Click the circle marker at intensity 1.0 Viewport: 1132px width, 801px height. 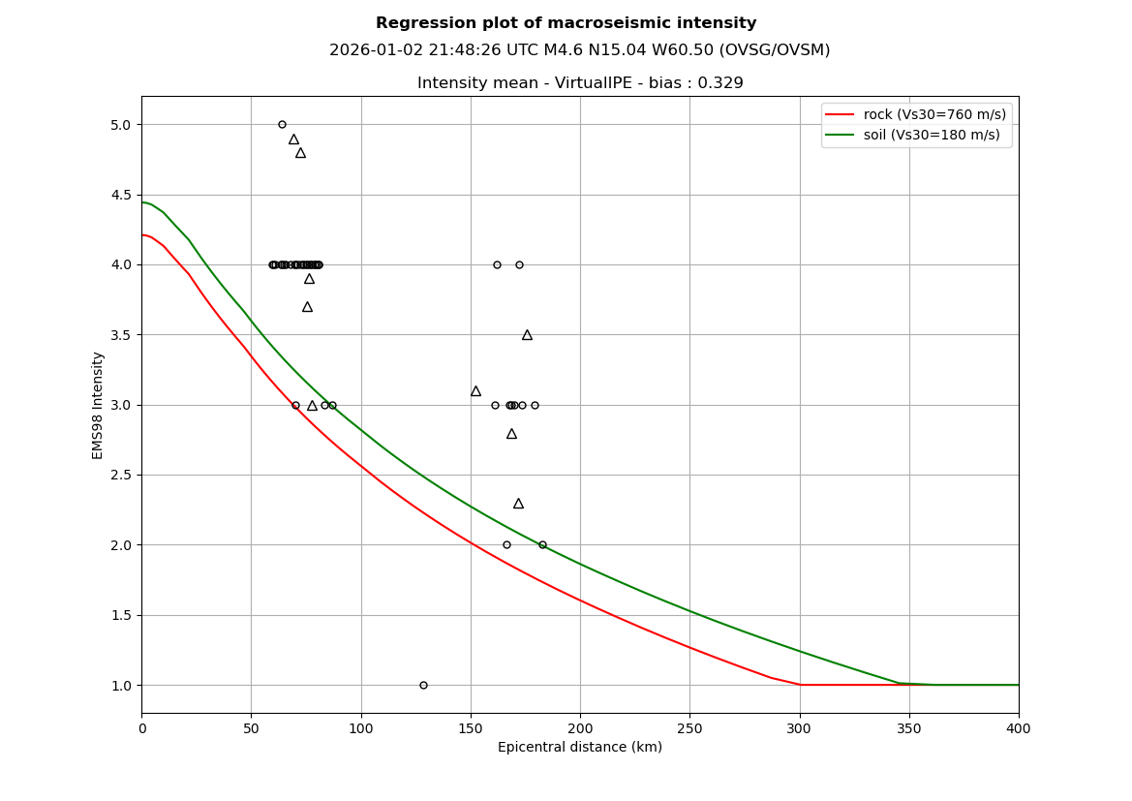click(x=423, y=685)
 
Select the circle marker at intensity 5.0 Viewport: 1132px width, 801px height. click(x=282, y=124)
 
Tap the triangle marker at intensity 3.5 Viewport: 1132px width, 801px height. click(x=527, y=335)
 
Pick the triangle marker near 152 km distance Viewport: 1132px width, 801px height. click(x=475, y=391)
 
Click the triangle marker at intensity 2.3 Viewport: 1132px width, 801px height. click(x=518, y=504)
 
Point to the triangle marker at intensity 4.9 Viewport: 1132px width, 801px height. click(x=293, y=139)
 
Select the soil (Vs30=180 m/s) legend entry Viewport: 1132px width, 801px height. click(x=932, y=135)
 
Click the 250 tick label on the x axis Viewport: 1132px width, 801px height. click(x=689, y=728)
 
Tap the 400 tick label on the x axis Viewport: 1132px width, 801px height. click(x=1019, y=728)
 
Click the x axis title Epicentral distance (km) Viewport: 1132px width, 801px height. click(x=580, y=748)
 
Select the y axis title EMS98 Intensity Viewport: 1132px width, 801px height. click(x=98, y=405)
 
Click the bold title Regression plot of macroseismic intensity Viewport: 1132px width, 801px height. click(x=566, y=23)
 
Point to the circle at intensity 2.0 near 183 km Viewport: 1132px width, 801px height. click(x=542, y=544)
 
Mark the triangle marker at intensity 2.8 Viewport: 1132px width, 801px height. click(x=511, y=434)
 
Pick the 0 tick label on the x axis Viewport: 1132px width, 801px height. click(x=141, y=728)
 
